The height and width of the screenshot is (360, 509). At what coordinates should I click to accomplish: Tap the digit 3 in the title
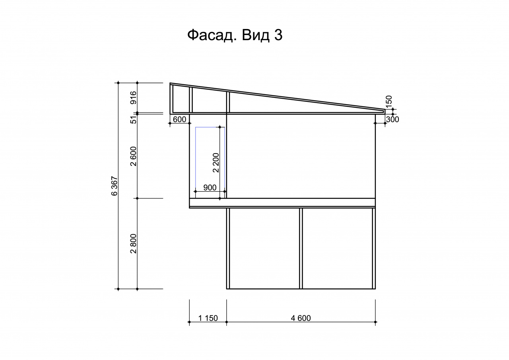(x=278, y=35)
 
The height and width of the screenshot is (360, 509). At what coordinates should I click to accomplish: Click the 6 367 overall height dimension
(x=115, y=186)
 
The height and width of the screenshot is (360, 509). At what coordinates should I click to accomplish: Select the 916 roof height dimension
(x=133, y=97)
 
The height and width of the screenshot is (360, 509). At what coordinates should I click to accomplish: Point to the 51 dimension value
(x=134, y=120)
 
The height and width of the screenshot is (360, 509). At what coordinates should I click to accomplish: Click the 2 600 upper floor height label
(x=133, y=156)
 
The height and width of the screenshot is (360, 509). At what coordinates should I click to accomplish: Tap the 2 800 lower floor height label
(x=133, y=243)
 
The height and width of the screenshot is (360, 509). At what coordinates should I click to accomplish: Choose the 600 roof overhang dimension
(x=179, y=119)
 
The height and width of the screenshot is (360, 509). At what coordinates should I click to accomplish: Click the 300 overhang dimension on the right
(x=392, y=119)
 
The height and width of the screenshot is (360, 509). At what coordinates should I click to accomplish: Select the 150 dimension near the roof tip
(x=389, y=100)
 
